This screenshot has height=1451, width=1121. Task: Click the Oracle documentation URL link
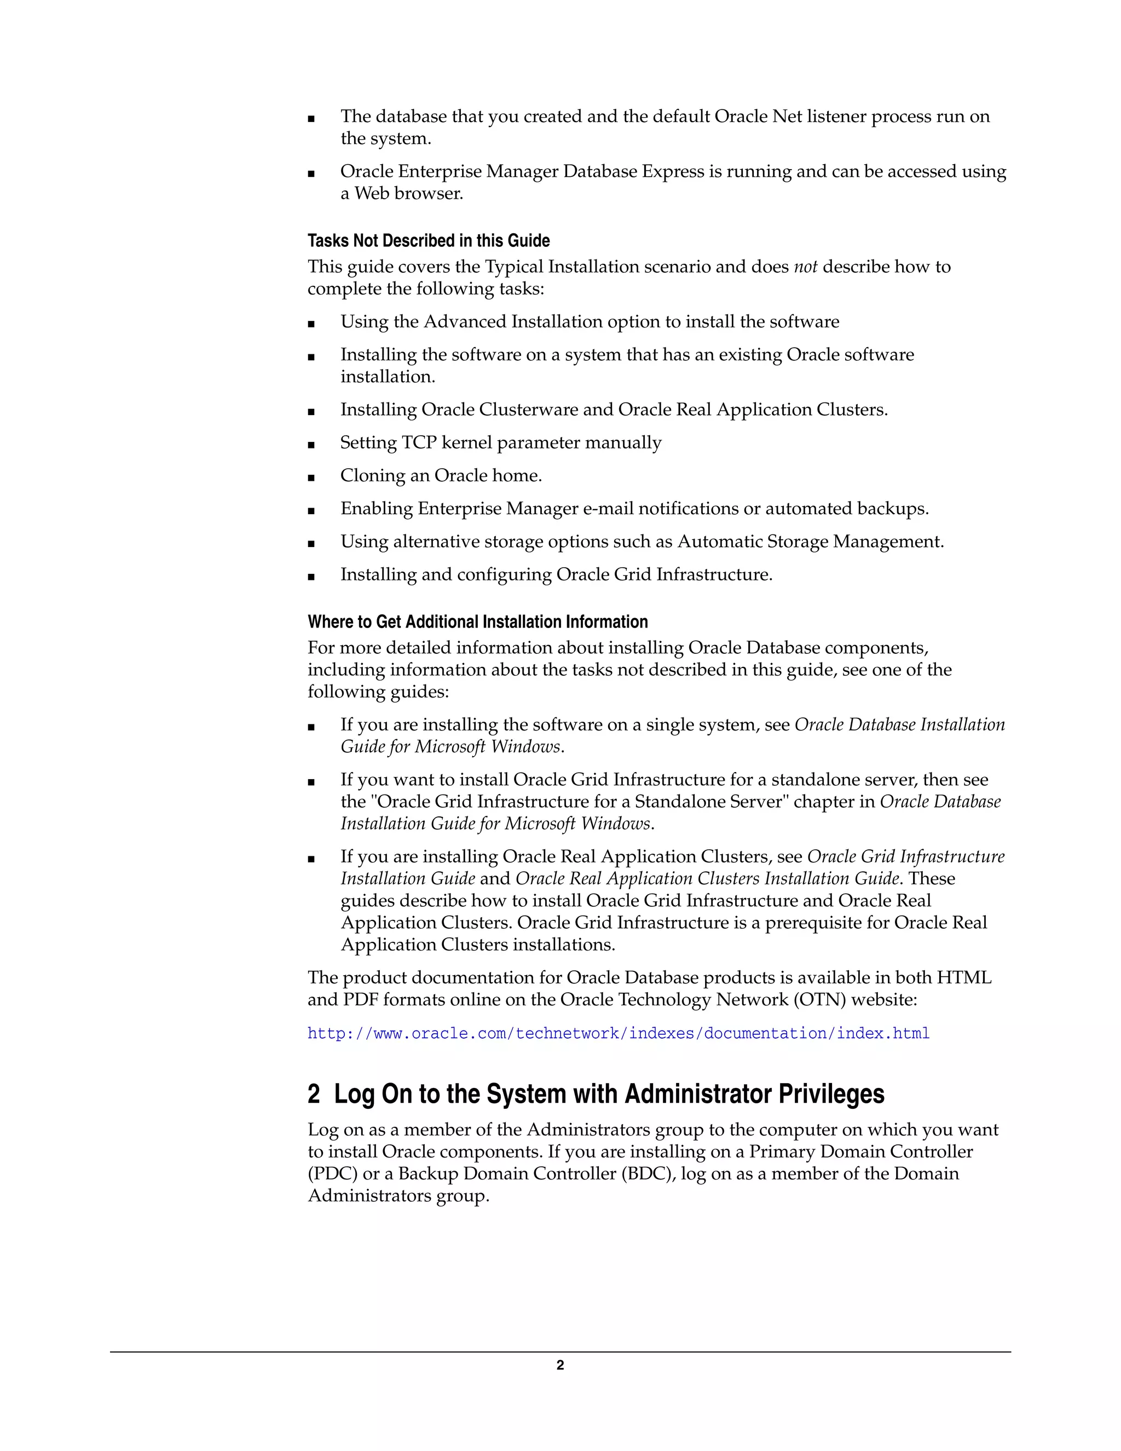point(619,1033)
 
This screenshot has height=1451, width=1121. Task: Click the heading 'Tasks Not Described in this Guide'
point(429,240)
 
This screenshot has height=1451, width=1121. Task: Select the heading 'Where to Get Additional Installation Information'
point(477,622)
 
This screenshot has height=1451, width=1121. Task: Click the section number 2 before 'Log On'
point(314,1094)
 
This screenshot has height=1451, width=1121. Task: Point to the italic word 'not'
point(806,267)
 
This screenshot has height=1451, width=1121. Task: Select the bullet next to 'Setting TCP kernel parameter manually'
point(311,445)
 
